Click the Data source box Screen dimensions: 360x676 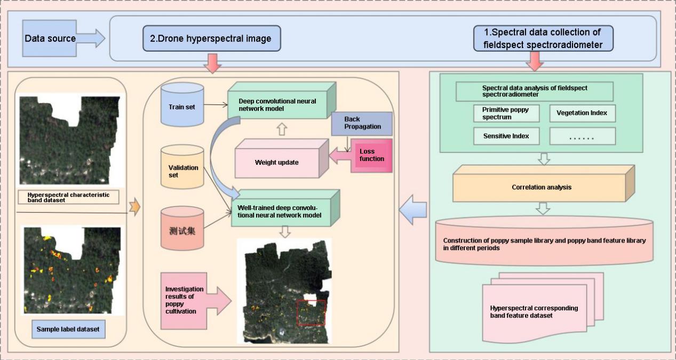click(50, 38)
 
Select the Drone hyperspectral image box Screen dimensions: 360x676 click(211, 38)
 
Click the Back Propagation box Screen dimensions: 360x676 click(361, 124)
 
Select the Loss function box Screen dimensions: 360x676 click(371, 155)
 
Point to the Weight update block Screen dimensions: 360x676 click(276, 161)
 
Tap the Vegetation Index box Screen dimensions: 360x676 click(582, 113)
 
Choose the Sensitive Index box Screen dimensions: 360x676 click(506, 136)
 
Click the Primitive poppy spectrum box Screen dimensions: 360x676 click(506, 113)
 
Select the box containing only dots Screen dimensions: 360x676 click(582, 137)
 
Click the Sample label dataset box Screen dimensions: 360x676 click(68, 329)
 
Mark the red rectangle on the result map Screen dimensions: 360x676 click(311, 313)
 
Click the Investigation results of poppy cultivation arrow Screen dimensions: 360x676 click(195, 299)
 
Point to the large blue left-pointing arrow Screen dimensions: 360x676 click(413, 207)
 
